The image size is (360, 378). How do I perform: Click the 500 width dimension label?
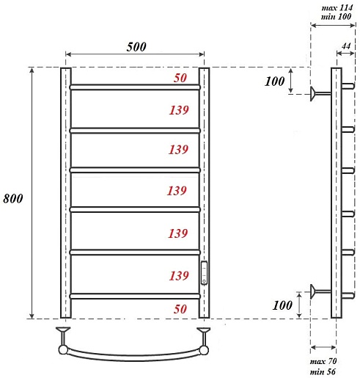point(136,46)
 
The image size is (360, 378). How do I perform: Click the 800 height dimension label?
point(13,198)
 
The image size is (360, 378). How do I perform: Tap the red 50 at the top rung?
point(180,78)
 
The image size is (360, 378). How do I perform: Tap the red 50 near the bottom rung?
point(180,309)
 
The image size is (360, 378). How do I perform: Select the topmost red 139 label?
point(179,110)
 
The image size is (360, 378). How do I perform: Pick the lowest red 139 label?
point(179,276)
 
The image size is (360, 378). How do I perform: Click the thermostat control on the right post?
point(204,273)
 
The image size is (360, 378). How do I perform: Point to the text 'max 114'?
point(337,8)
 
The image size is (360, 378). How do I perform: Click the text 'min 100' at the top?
point(336,17)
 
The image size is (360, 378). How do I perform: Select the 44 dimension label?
point(346,46)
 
